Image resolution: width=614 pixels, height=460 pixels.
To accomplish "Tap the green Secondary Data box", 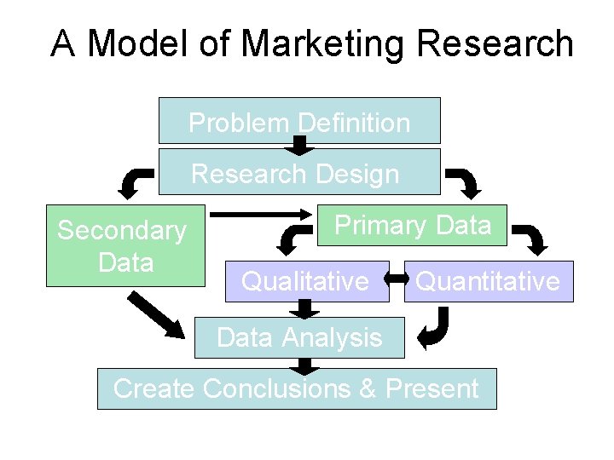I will (x=125, y=245).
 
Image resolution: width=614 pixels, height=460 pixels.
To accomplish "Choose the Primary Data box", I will (x=413, y=225).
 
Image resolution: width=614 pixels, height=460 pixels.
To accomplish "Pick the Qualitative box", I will (x=306, y=281).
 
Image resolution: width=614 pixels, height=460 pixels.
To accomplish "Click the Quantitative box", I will (x=488, y=281).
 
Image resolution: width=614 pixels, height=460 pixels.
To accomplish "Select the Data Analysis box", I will (x=299, y=337).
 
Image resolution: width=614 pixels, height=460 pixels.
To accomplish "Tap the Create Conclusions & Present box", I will (x=296, y=388).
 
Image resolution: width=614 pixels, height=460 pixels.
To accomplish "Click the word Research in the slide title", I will (x=504, y=43).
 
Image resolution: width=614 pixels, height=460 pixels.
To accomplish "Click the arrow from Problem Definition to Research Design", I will (x=299, y=146).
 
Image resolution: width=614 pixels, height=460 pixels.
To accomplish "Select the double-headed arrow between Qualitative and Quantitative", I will (x=397, y=278).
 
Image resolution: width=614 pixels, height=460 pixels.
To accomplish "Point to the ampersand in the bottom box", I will (x=368, y=389).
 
